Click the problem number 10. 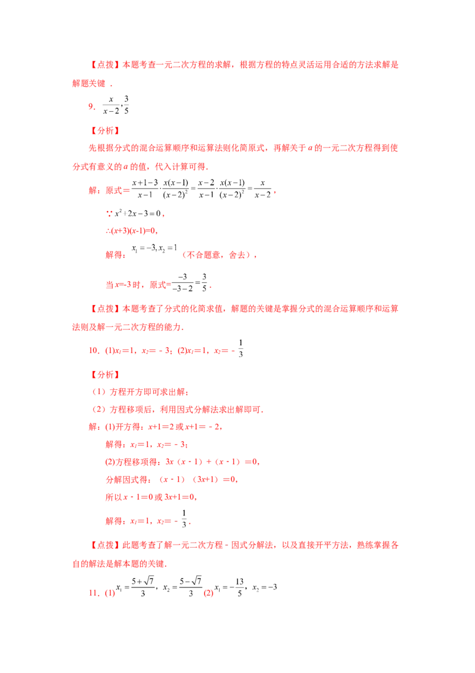tap(94, 350)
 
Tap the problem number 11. tap(94, 593)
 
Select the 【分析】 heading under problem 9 tap(104, 130)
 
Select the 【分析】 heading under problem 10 tap(104, 375)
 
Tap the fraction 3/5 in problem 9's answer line tap(126, 105)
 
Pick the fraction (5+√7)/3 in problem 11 tap(142, 587)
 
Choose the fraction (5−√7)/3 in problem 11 tap(191, 587)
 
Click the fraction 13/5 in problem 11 tap(239, 587)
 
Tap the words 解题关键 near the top tap(88, 83)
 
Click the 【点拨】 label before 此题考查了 tap(104, 545)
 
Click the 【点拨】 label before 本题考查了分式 tap(104, 309)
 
